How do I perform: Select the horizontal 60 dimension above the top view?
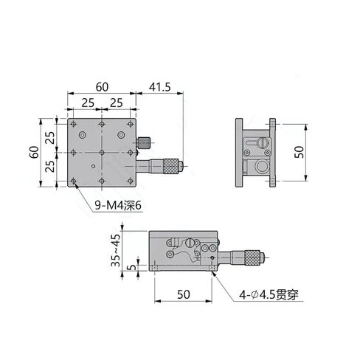(x=100, y=86)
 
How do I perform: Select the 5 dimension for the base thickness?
(x=130, y=267)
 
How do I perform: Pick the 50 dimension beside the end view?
(x=298, y=151)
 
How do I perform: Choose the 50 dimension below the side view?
(x=184, y=294)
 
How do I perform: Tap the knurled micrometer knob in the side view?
(x=252, y=257)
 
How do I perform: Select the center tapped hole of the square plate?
(x=101, y=152)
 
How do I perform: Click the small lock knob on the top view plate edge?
(x=146, y=141)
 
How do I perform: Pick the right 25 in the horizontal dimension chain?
(x=116, y=102)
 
